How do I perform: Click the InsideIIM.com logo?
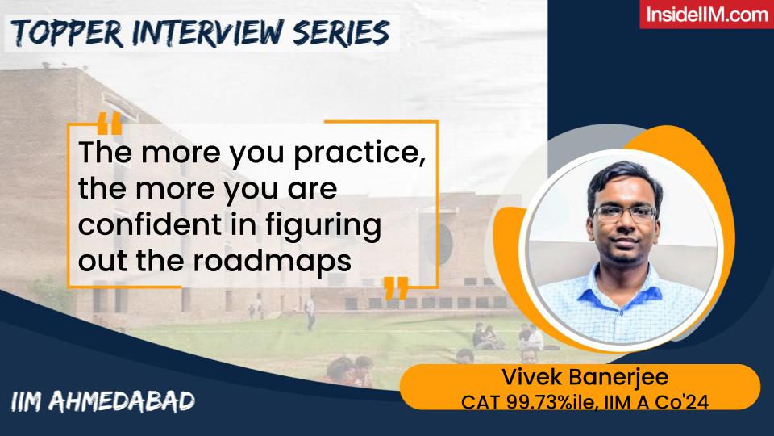pos(706,15)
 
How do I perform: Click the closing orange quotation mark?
pos(395,287)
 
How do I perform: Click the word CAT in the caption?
pos(476,401)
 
